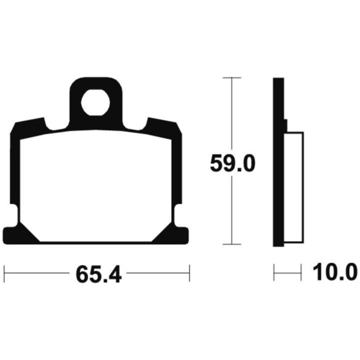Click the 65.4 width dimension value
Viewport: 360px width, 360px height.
[x=98, y=274]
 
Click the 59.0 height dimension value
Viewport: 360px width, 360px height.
[x=232, y=163]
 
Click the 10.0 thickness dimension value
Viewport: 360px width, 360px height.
[x=335, y=272]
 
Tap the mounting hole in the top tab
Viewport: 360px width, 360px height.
[x=95, y=102]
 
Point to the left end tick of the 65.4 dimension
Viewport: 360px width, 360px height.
[x=4, y=273]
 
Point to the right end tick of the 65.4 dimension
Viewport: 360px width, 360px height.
[x=189, y=273]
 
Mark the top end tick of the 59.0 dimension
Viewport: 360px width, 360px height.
[x=232, y=78]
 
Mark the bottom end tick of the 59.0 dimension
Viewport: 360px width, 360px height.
[x=232, y=244]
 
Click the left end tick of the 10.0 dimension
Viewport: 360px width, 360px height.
[x=274, y=272]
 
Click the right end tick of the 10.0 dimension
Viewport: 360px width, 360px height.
[x=301, y=272]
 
